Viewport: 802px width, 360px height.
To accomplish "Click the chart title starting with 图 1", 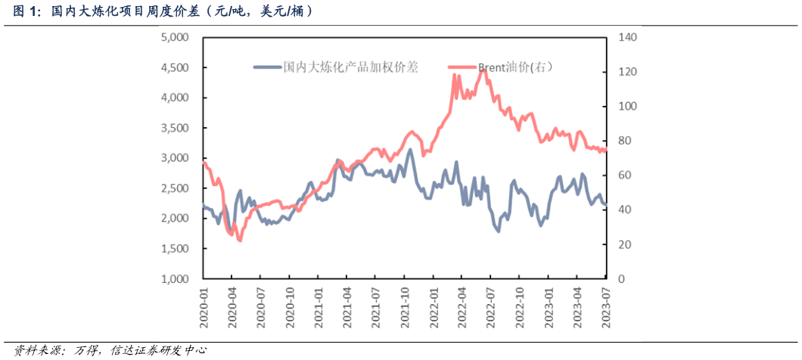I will coord(162,11).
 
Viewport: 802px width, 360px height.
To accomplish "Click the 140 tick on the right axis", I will coord(629,37).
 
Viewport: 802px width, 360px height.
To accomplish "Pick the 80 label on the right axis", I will coord(626,141).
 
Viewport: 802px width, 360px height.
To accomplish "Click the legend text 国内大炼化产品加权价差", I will coord(350,67).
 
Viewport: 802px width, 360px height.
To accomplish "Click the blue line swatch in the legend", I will coord(267,67).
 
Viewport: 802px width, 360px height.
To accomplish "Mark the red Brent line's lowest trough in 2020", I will coord(240,240).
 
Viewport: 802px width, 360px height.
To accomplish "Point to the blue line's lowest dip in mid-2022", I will coord(498,230).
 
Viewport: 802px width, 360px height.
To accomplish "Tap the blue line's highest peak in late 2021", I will coord(410,150).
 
